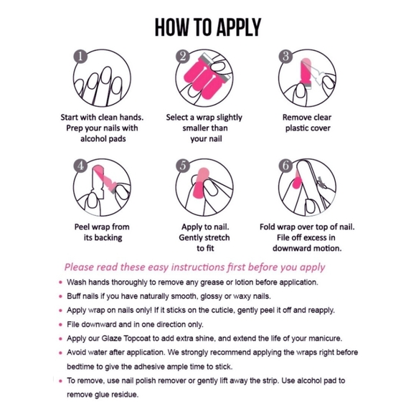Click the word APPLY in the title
point(238,27)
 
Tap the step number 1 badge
point(80,57)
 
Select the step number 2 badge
point(183,57)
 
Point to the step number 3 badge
point(285,57)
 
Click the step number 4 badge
point(80,166)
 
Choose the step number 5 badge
point(183,166)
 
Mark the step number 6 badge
point(285,166)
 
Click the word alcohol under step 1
point(92,138)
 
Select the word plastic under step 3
point(296,128)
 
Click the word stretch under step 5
point(217,237)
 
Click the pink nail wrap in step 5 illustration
point(200,183)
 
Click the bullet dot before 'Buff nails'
point(61,296)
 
